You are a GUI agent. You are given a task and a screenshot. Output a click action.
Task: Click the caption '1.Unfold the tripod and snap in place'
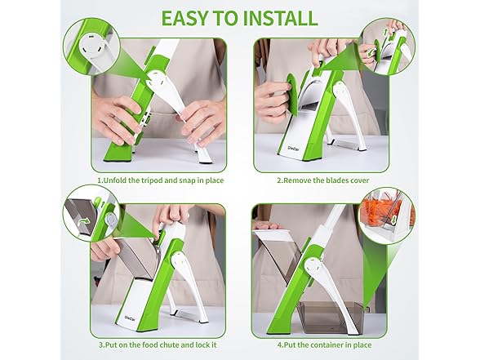[x=160, y=180]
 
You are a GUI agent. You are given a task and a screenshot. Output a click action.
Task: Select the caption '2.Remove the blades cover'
[x=320, y=180]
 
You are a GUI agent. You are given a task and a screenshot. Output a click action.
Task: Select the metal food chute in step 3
[x=126, y=261]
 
